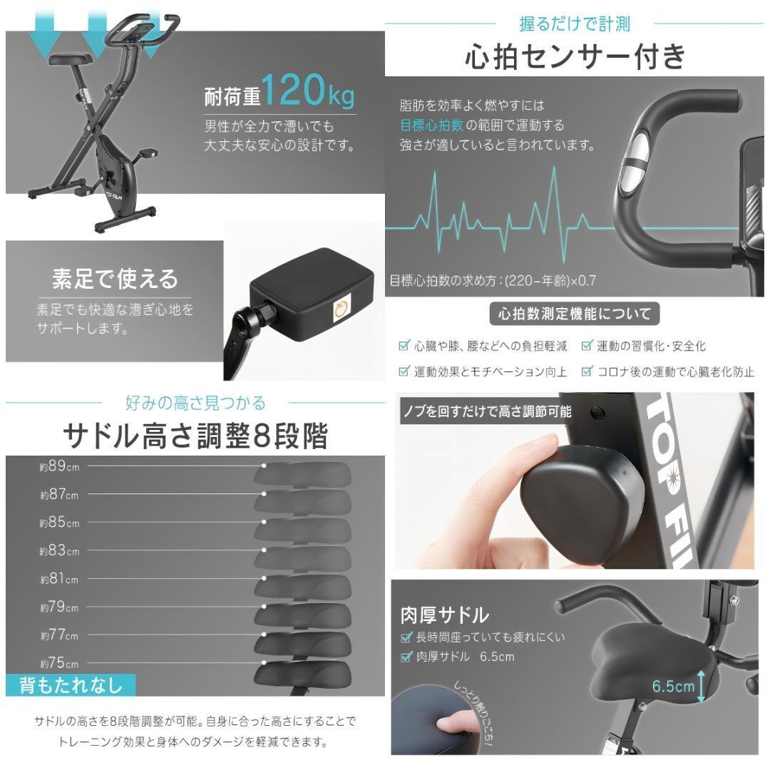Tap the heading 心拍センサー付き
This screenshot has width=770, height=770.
point(575,56)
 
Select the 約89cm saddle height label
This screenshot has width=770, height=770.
point(59,466)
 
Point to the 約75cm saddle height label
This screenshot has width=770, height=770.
point(59,664)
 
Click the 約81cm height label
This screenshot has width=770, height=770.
point(59,579)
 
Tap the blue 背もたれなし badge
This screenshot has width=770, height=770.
point(71,685)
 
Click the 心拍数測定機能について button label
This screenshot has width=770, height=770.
point(575,313)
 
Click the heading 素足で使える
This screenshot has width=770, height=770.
point(115,279)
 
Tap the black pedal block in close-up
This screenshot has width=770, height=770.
point(311,294)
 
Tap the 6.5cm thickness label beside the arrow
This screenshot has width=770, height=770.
point(673,686)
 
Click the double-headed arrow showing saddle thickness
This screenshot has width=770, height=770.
point(702,686)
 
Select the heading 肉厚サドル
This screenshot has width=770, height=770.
point(444,615)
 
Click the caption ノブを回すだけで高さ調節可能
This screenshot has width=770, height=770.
point(488,411)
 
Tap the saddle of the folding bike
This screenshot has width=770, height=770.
point(70,59)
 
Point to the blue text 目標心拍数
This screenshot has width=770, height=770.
point(431,125)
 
